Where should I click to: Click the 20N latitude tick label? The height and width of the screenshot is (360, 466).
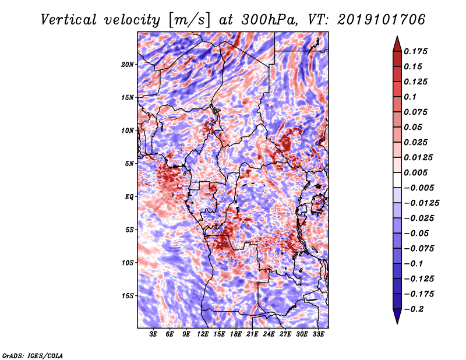pyautogui.click(x=128, y=65)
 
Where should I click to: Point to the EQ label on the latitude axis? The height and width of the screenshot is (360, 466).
pyautogui.click(x=129, y=197)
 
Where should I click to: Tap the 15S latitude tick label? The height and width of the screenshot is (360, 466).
pyautogui.click(x=128, y=296)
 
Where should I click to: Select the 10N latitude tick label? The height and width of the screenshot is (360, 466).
pyautogui.click(x=128, y=131)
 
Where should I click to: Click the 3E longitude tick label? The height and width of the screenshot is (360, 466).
pyautogui.click(x=153, y=334)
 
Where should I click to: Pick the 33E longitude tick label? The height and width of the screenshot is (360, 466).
pyautogui.click(x=318, y=334)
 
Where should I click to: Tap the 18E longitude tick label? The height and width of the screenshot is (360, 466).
pyautogui.click(x=236, y=334)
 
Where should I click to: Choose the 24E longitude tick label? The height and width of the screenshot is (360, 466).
pyautogui.click(x=269, y=334)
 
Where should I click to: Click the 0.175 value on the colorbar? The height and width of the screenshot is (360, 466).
pyautogui.click(x=415, y=51)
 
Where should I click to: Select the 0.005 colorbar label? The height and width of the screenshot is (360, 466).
pyautogui.click(x=415, y=172)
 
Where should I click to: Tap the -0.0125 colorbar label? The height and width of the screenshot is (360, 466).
pyautogui.click(x=421, y=203)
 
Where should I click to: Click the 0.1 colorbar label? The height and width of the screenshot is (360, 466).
pyautogui.click(x=410, y=97)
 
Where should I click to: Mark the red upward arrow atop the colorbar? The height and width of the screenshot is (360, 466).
pyautogui.click(x=397, y=44)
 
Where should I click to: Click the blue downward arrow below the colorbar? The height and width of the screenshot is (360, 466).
pyautogui.click(x=397, y=316)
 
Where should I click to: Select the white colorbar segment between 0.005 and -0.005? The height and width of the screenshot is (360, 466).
pyautogui.click(x=397, y=180)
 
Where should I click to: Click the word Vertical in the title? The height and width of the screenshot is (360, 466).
pyautogui.click(x=69, y=20)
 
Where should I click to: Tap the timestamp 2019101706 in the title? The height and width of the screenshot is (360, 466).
pyautogui.click(x=382, y=20)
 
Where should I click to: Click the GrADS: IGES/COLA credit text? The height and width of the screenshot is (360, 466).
pyautogui.click(x=33, y=355)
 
